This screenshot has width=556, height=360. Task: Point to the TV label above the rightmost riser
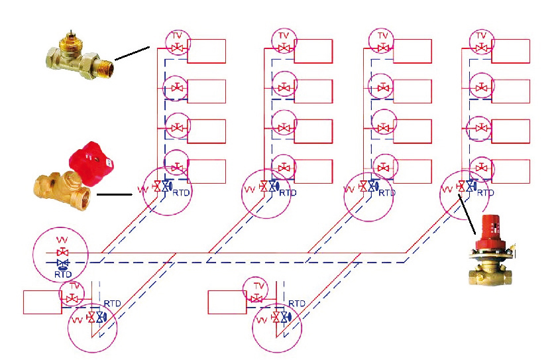(x=482, y=35)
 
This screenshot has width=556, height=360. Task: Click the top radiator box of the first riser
(x=206, y=51)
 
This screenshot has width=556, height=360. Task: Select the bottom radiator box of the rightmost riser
(x=510, y=171)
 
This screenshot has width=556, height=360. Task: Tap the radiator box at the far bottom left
(x=42, y=302)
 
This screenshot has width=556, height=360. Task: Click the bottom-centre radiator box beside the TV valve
(x=227, y=302)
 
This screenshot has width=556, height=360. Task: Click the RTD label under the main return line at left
(x=62, y=274)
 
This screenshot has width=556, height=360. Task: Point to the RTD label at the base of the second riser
(x=288, y=193)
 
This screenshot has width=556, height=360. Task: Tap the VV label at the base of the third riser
(x=349, y=190)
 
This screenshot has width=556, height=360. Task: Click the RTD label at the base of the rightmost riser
(x=486, y=193)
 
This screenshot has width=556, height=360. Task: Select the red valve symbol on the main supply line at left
(x=63, y=253)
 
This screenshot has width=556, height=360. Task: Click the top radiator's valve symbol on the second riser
(x=284, y=48)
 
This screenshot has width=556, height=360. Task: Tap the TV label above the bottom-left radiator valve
(x=74, y=286)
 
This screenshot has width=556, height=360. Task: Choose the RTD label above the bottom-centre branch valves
(x=297, y=304)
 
